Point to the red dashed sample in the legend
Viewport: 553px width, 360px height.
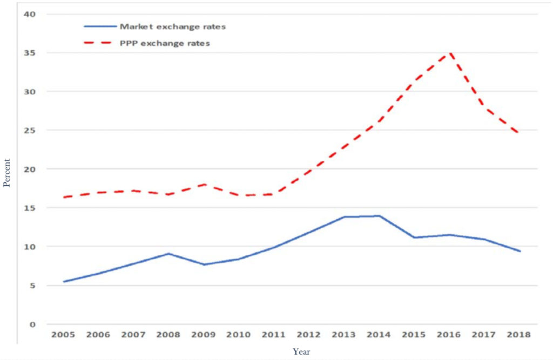100,43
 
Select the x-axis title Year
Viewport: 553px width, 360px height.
301,351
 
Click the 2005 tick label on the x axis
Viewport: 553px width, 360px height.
63,335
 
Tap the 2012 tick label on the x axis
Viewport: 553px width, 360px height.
309,335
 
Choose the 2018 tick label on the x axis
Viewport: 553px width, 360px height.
520,335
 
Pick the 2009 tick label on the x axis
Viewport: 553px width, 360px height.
204,335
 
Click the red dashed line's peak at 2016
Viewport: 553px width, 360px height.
450,52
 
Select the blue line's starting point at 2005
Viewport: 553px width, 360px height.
63,282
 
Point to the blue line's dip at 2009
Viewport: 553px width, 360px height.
204,264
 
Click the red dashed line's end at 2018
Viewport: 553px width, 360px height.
520,133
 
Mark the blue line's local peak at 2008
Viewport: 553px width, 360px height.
168,254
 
